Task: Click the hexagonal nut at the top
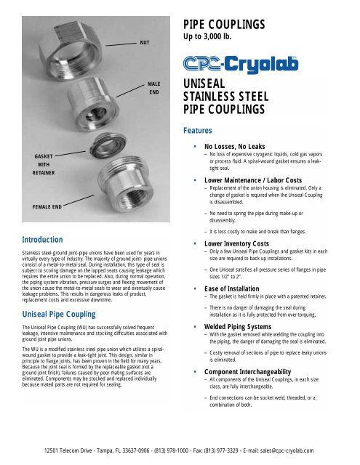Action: pos(73,33)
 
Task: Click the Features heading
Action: pos(199,132)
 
